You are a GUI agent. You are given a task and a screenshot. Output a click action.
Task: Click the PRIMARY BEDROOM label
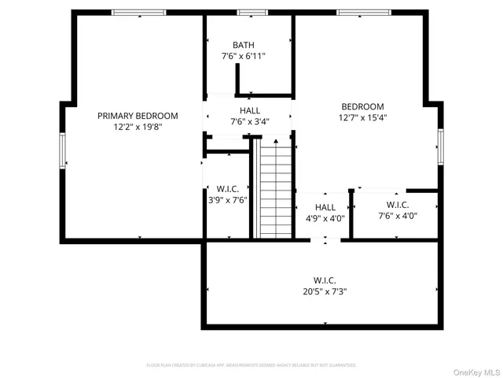point(138,116)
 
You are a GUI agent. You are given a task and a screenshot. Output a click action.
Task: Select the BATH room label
point(243,45)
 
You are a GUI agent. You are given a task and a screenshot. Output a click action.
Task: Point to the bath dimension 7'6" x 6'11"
point(243,57)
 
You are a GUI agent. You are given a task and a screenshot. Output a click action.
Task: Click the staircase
point(275,189)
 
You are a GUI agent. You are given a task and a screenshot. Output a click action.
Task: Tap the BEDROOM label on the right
point(362,107)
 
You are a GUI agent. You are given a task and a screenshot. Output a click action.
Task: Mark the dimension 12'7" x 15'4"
point(362,118)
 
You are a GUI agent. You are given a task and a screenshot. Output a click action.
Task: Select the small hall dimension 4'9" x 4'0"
point(325,219)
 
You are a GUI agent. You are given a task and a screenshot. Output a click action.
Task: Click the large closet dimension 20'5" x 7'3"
point(325,291)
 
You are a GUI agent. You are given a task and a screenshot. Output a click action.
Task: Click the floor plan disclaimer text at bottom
point(251,365)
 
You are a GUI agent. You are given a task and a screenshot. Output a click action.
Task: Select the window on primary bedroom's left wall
point(62,150)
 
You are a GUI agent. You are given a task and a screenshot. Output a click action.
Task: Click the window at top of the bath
point(252,13)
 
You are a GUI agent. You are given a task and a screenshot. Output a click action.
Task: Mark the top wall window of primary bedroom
point(138,13)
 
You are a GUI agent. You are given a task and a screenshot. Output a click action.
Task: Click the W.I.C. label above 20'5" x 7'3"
point(325,280)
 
